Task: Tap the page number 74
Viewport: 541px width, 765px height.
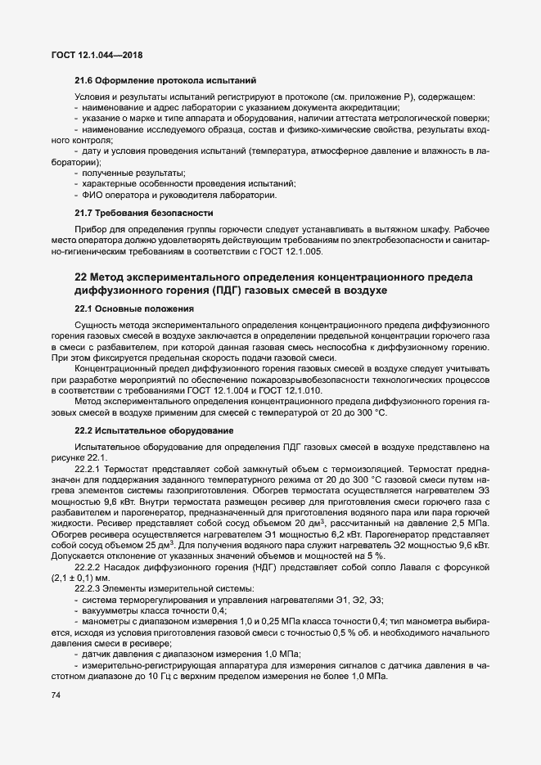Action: pyautogui.click(x=56, y=695)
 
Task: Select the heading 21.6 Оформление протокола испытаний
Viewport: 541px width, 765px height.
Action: pyautogui.click(x=165, y=81)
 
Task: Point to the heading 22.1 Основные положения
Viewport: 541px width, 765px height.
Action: pyautogui.click(x=133, y=309)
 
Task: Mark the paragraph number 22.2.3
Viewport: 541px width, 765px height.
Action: pyautogui.click(x=90, y=588)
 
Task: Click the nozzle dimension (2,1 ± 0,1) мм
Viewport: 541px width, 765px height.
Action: pyautogui.click(x=84, y=577)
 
